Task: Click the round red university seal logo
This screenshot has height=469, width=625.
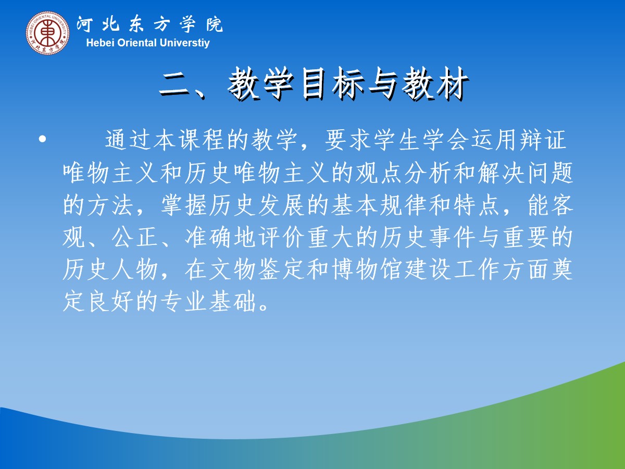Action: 48,33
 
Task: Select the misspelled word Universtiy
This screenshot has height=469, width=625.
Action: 184,43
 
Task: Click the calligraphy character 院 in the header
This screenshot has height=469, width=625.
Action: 215,24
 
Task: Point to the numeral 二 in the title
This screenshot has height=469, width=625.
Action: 174,84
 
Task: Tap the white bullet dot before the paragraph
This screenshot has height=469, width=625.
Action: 42,139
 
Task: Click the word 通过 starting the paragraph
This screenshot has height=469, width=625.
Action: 129,140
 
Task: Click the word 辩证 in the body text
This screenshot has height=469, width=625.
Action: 542,140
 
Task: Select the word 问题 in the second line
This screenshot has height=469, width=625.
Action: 550,172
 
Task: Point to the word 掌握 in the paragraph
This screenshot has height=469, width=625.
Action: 184,205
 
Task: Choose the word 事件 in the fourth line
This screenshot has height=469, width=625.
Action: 452,238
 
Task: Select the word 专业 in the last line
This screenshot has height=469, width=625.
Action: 184,302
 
